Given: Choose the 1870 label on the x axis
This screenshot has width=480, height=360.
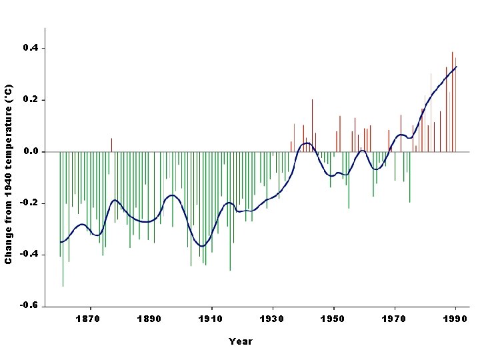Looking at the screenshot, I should click(88, 319).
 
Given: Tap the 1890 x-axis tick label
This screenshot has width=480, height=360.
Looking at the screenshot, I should click(149, 319).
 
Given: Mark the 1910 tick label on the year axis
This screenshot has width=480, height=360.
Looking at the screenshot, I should click(211, 319).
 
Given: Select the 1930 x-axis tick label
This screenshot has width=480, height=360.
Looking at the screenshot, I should click(273, 319).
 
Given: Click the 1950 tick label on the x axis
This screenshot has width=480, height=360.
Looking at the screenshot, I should click(333, 319).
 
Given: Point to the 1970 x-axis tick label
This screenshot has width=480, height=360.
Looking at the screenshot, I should click(395, 319).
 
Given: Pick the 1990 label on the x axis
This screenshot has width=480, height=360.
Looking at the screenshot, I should click(456, 319).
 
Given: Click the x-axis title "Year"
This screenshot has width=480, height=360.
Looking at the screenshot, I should click(241, 341).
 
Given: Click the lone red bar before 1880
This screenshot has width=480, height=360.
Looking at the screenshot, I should click(111, 145).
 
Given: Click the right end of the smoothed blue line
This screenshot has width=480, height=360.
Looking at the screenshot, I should click(457, 67).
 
